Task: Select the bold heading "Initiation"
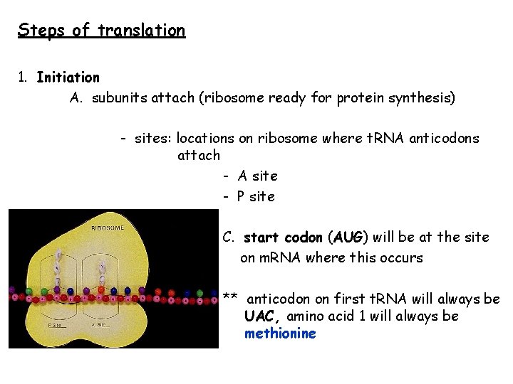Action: coord(68,77)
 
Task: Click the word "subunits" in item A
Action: coord(120,98)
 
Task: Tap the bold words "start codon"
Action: coord(283,237)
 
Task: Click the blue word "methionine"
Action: coord(279,334)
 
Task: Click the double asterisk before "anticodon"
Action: coord(229,299)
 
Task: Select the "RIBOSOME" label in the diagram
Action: coord(107,228)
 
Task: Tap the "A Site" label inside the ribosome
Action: coord(99,324)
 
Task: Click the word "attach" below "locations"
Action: coord(198,155)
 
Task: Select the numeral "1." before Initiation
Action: coord(23,77)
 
